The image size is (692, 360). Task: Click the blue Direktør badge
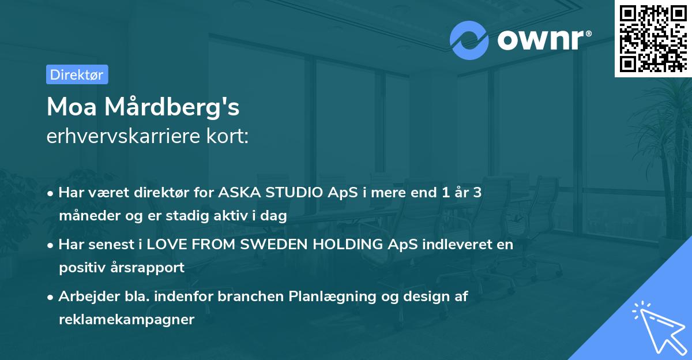pyautogui.click(x=77, y=74)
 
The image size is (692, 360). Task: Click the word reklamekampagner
pyautogui.click(x=126, y=320)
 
